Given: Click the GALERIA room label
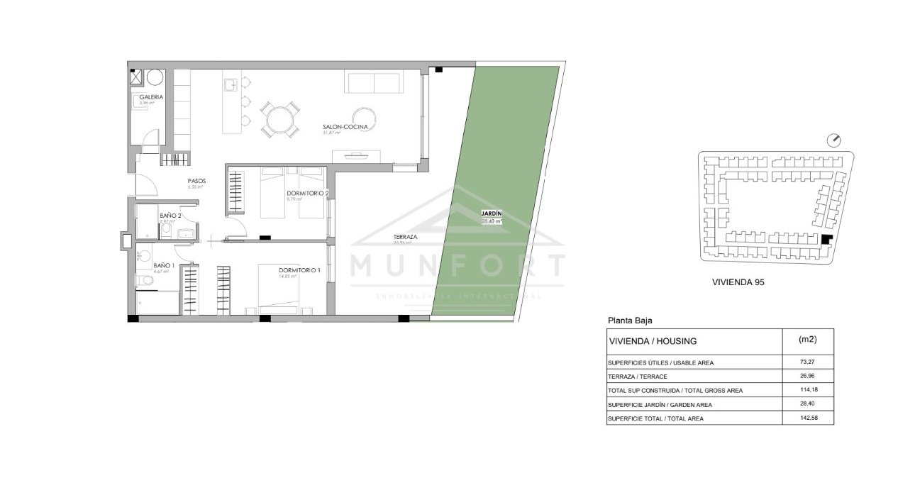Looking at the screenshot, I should [151, 97].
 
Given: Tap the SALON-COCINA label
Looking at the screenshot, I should [345, 127].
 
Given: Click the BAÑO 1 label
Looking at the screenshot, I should [164, 265].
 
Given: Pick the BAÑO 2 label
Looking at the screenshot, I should [170, 216].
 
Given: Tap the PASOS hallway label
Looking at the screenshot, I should [196, 181].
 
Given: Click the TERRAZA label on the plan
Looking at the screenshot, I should [406, 237].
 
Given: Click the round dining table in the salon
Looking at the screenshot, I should [278, 119].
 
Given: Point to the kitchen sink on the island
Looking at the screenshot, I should [230, 85].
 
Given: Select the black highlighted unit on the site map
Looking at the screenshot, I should [826, 240].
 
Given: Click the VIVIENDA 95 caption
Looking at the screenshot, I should [737, 282].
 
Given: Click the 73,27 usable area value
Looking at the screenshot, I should [806, 362].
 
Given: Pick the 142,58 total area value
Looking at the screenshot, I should [807, 419].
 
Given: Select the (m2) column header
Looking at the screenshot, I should [807, 340].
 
